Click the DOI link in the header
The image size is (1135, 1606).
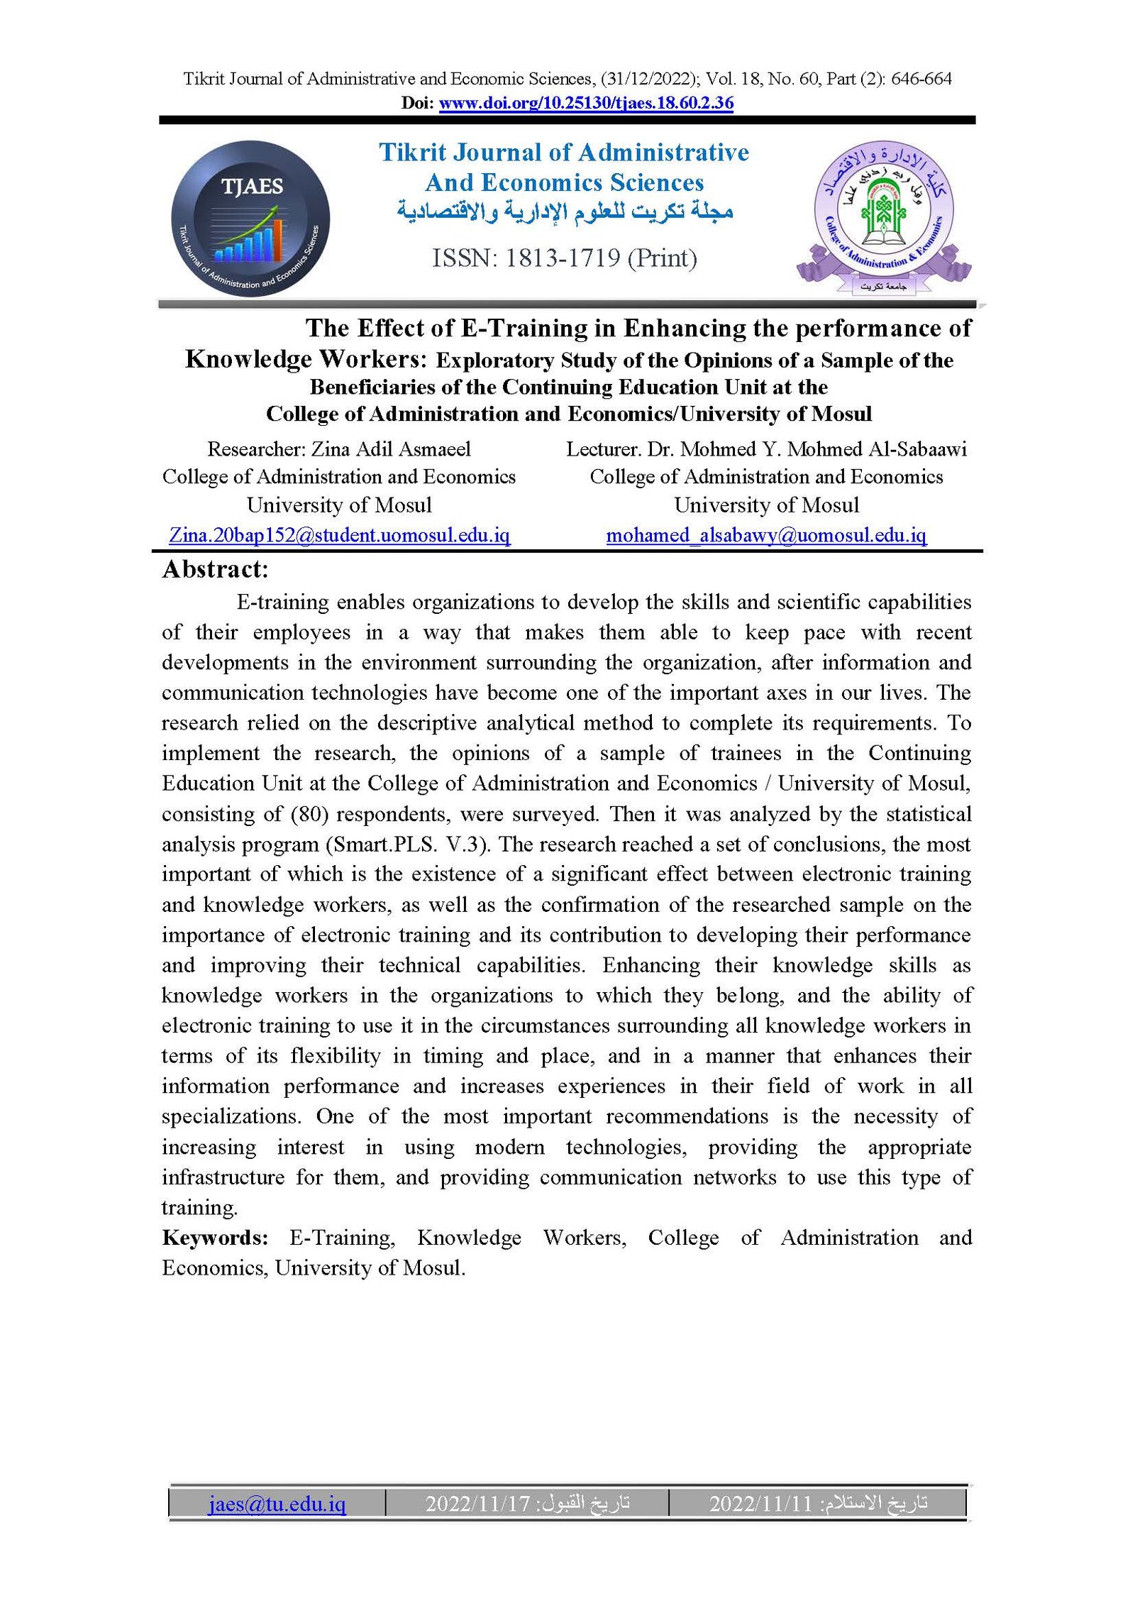click(586, 103)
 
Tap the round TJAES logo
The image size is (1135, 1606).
click(250, 219)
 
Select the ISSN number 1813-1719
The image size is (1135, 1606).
click(563, 258)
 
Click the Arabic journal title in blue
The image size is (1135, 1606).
click(565, 211)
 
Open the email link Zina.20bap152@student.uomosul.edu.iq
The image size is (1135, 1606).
click(339, 535)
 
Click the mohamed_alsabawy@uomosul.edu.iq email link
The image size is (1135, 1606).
click(766, 535)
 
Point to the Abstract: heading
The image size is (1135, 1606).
click(215, 569)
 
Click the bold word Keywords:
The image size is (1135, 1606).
click(215, 1238)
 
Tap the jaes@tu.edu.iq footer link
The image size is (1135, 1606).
click(277, 1503)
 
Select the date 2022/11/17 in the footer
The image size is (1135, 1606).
click(478, 1503)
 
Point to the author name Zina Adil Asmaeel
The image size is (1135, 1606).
click(391, 449)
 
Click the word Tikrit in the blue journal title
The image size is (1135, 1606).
click(412, 153)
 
